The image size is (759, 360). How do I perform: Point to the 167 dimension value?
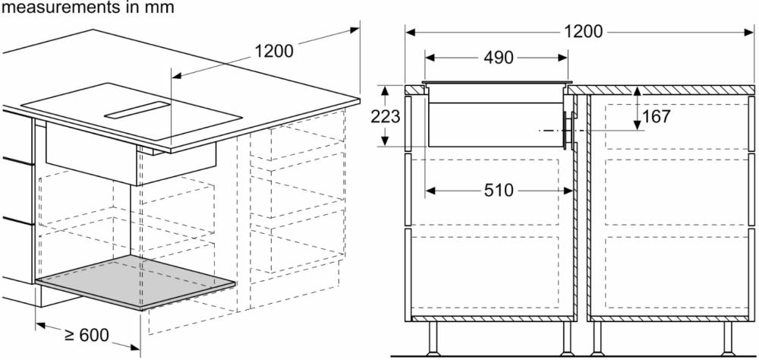pos(656,116)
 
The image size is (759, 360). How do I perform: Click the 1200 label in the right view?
pos(583,32)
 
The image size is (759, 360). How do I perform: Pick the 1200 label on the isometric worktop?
pos(273,52)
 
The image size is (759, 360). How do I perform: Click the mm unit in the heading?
pos(162,8)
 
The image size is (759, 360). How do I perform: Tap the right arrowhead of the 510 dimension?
pos(570,190)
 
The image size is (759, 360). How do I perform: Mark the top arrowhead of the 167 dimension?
pos(638,90)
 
